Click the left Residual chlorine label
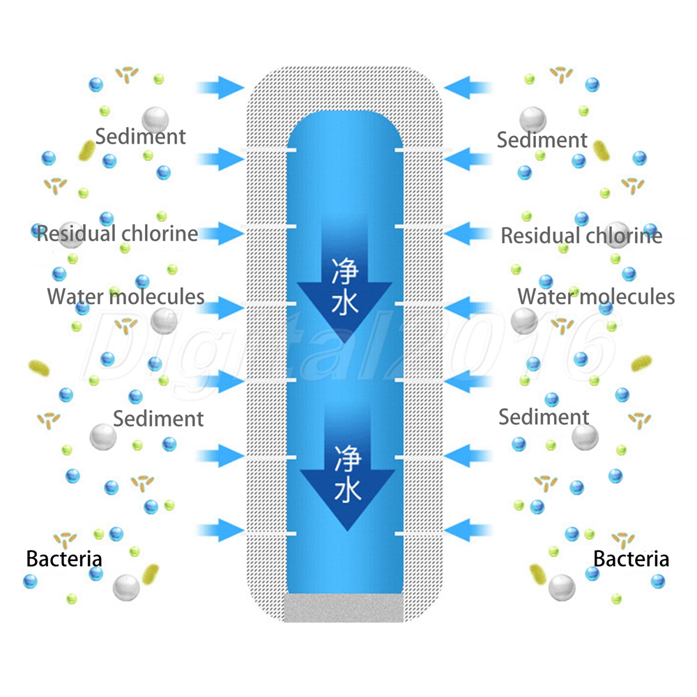[117, 233]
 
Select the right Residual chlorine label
[581, 235]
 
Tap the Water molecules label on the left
[125, 296]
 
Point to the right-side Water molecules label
[596, 296]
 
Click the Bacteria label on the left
[64, 558]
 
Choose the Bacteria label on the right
[631, 558]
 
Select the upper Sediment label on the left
[141, 136]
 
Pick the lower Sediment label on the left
[158, 418]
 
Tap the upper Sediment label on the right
[542, 139]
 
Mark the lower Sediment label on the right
[544, 417]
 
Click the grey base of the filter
[345, 608]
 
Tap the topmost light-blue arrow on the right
[468, 88]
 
